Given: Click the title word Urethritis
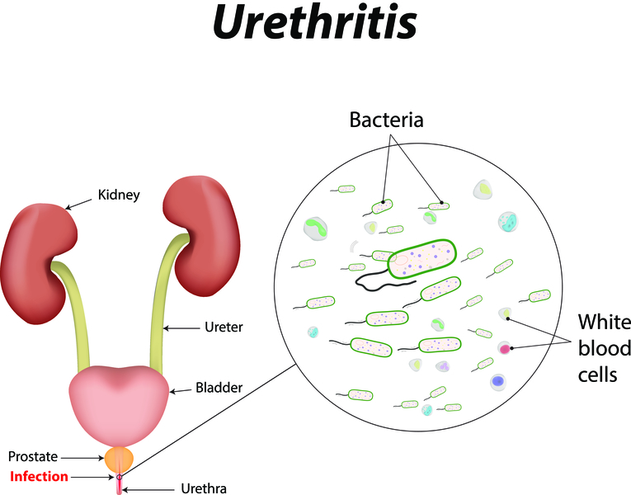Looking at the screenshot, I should [314, 25].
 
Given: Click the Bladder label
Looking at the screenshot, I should [219, 386].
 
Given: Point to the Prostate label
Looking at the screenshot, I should [33, 456].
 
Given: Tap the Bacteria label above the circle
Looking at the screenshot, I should [387, 120].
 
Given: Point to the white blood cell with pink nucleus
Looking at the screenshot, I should [505, 349].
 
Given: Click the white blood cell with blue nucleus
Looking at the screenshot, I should [497, 381].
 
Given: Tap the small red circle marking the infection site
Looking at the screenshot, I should [120, 477].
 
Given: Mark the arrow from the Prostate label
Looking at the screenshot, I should [86, 456].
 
